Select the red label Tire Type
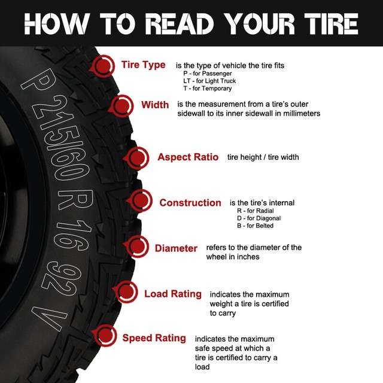click(143, 65)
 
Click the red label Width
click(155, 105)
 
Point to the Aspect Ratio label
click(188, 157)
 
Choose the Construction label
click(190, 203)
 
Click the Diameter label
click(176, 248)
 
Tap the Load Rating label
click(173, 294)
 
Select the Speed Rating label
click(154, 338)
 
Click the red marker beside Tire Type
click(105, 65)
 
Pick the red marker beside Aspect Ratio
click(138, 157)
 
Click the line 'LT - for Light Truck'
click(209, 81)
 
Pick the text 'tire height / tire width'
click(263, 157)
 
